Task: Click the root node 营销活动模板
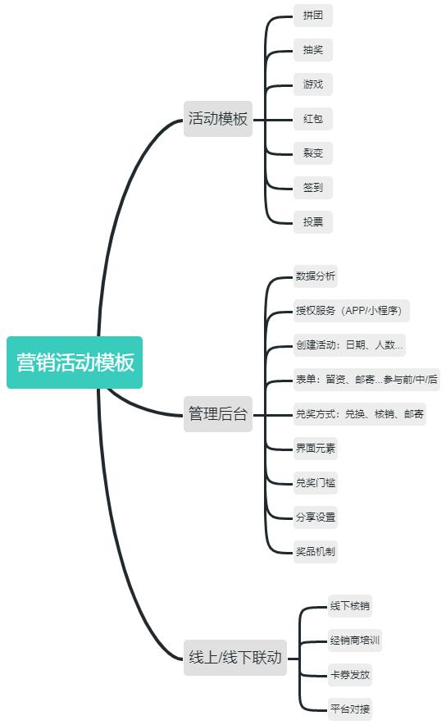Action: [x=75, y=362]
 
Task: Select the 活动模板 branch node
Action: [x=218, y=119]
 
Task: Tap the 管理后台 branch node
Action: [x=218, y=414]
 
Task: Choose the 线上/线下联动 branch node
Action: [x=235, y=658]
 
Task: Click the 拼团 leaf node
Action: [x=313, y=16]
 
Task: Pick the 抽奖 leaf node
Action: [x=313, y=50]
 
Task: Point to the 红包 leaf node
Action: [x=313, y=119]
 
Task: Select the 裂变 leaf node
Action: [x=313, y=153]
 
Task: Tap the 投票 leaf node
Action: [x=313, y=222]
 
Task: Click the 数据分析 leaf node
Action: [x=315, y=276]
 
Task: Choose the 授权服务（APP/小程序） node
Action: [x=351, y=311]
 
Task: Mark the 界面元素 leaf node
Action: [x=315, y=449]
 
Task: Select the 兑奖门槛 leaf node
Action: [x=315, y=483]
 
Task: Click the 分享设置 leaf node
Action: [x=315, y=517]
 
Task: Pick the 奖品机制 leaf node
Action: [x=315, y=552]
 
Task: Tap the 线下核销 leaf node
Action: [x=350, y=606]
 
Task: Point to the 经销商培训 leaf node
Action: [x=355, y=641]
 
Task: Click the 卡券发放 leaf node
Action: [x=350, y=675]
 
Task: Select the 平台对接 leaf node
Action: [x=350, y=709]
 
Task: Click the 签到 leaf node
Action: [x=313, y=188]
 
